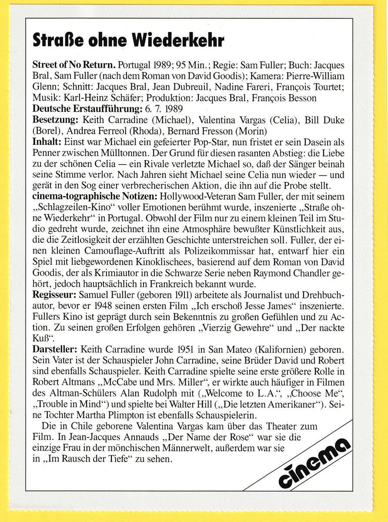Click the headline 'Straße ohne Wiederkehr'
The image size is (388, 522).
coord(128,40)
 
